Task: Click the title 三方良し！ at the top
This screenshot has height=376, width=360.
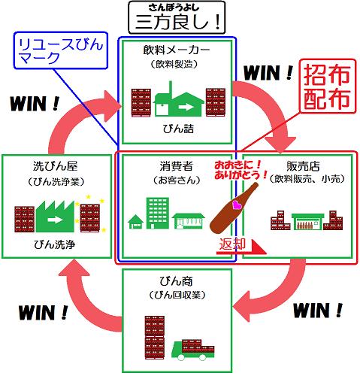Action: pyautogui.click(x=177, y=23)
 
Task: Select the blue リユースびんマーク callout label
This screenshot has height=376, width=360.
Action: pyautogui.click(x=61, y=51)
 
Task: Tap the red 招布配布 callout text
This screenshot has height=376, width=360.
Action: pyautogui.click(x=328, y=86)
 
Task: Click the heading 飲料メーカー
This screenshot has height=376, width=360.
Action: pyautogui.click(x=177, y=50)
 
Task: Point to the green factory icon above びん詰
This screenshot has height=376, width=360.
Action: pyautogui.click(x=180, y=99)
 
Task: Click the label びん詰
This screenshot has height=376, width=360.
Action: pyautogui.click(x=178, y=129)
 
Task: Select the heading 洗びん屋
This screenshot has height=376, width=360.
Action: pyautogui.click(x=56, y=166)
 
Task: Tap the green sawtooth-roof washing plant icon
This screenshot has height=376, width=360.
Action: pyautogui.click(x=55, y=216)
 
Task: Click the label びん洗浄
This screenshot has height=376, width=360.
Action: pyautogui.click(x=55, y=244)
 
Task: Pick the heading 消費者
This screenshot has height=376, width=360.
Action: pyautogui.click(x=177, y=166)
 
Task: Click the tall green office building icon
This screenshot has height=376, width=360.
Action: pyautogui.click(x=158, y=213)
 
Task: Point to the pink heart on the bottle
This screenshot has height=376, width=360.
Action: pyautogui.click(x=237, y=205)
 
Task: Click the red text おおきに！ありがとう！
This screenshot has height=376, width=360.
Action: pyautogui.click(x=240, y=170)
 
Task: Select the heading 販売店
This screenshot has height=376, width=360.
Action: pyautogui.click(x=303, y=166)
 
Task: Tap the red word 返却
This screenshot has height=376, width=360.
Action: pyautogui.click(x=232, y=244)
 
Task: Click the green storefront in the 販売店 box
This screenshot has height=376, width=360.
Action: pyautogui.click(x=307, y=221)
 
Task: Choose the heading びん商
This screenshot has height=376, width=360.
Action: pyautogui.click(x=177, y=281)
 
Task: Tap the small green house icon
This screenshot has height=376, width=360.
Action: pyautogui.click(x=135, y=222)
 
